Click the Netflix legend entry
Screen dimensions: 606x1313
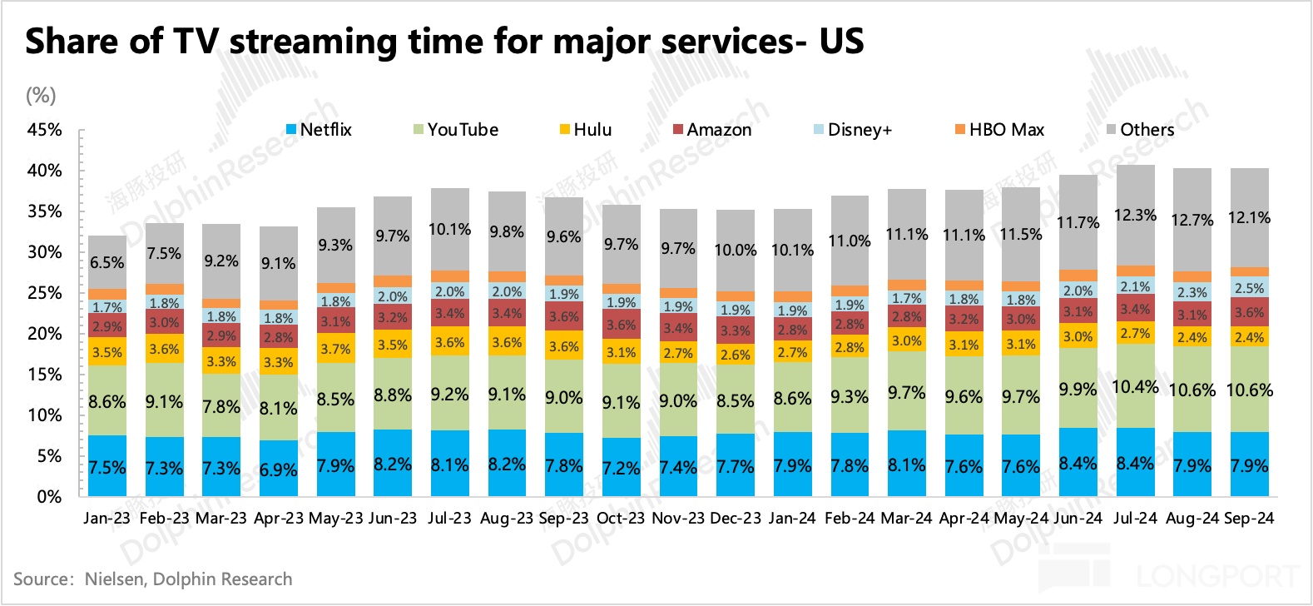coord(319,130)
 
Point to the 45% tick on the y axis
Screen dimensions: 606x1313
coord(45,130)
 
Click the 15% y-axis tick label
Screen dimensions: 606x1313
coord(45,375)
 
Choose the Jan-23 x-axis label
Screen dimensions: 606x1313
coord(107,519)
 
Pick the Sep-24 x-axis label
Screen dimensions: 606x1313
coord(1249,519)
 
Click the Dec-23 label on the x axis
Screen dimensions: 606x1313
coord(736,519)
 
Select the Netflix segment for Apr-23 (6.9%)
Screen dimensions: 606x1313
coord(279,469)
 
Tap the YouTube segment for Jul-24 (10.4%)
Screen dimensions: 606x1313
coord(1136,386)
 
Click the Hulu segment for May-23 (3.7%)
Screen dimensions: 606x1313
coord(335,349)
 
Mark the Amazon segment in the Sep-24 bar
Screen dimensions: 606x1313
coord(1250,312)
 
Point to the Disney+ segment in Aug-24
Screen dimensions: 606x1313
coord(1192,292)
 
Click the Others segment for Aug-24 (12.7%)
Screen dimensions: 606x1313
coord(1192,220)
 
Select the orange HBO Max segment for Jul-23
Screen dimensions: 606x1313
coord(450,276)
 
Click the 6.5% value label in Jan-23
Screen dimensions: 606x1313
coord(107,263)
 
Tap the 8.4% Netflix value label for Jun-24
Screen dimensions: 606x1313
coord(1078,463)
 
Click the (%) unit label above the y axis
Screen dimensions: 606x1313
coord(42,96)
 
